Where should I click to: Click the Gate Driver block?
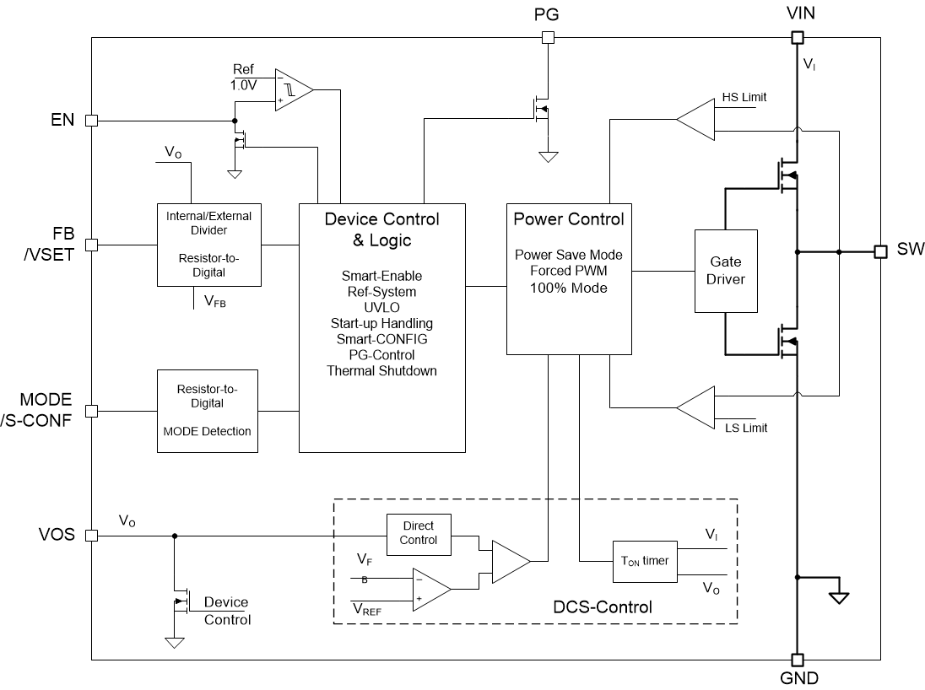(726, 270)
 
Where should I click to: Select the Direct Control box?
(419, 533)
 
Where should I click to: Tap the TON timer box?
(644, 560)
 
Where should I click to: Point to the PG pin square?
(548, 37)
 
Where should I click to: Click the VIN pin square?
(797, 37)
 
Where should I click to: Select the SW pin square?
(880, 251)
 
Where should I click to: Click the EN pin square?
(91, 121)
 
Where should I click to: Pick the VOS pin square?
(91, 535)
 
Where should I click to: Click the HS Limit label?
(744, 97)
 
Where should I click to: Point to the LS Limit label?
(745, 428)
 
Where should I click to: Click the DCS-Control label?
(603, 606)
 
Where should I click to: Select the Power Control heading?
(569, 219)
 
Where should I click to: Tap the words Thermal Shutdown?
(381, 370)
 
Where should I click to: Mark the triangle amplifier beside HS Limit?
(697, 120)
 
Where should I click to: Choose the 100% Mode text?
(569, 288)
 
